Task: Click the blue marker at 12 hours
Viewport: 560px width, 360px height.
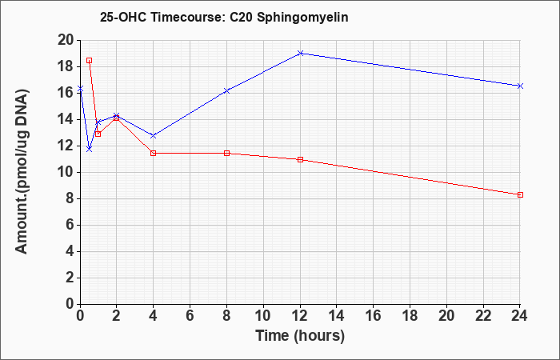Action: click(x=300, y=54)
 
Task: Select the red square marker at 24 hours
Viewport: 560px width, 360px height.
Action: click(x=520, y=194)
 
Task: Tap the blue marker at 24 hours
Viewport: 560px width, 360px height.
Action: click(x=520, y=86)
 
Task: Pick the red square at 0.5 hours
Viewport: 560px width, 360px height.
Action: click(x=90, y=60)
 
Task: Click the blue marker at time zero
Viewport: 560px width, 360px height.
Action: click(x=80, y=88)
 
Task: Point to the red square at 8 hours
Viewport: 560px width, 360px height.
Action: click(x=226, y=154)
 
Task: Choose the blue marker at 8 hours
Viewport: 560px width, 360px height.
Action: click(x=226, y=91)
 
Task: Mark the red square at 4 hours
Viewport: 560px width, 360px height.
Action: click(x=154, y=154)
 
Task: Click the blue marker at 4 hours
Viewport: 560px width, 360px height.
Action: click(x=154, y=136)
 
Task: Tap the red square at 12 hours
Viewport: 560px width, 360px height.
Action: click(x=300, y=159)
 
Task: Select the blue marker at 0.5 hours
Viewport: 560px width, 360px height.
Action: click(x=90, y=149)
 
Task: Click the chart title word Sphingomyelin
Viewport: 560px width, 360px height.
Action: click(x=302, y=18)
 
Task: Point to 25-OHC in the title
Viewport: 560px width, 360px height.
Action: click(x=123, y=17)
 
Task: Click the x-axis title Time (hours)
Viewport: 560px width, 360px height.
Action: click(x=300, y=336)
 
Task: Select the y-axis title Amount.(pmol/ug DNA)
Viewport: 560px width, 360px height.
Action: click(x=22, y=172)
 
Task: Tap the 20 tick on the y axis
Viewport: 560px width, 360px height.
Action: click(x=66, y=40)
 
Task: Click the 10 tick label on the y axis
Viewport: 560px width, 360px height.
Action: click(x=66, y=173)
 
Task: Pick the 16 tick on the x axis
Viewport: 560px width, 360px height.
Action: click(x=374, y=315)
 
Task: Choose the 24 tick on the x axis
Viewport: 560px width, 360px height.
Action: click(x=519, y=315)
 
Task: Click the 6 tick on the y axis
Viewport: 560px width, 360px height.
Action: click(x=70, y=226)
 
